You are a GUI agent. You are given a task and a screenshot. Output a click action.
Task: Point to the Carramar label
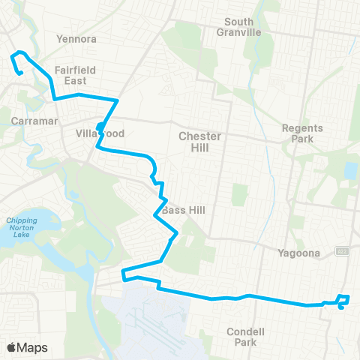pyautogui.click(x=31, y=120)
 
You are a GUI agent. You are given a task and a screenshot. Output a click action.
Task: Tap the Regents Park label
pyautogui.click(x=301, y=133)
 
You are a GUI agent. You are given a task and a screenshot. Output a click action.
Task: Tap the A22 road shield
pyautogui.click(x=342, y=250)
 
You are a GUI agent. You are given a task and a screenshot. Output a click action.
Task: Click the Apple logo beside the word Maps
pyautogui.click(x=12, y=347)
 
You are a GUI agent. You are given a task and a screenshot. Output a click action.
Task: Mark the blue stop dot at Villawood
pyautogui.click(x=100, y=126)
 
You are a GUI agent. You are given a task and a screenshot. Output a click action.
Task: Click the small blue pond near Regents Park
pyautogui.click(x=349, y=171)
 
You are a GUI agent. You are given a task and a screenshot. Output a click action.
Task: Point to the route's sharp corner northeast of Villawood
pyautogui.click(x=118, y=100)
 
